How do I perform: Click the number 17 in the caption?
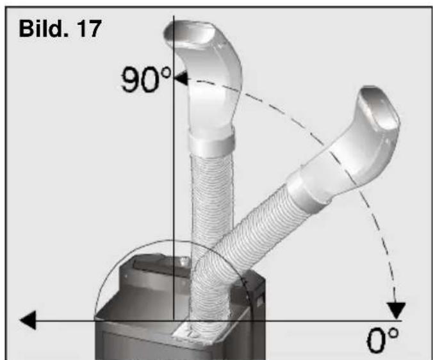(x=89, y=29)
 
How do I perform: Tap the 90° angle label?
(x=146, y=79)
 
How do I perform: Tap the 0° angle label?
(x=382, y=340)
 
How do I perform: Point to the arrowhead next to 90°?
(x=181, y=78)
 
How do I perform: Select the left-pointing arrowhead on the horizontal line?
(x=28, y=320)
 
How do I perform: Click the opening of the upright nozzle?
(x=190, y=33)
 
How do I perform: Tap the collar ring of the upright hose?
(x=212, y=142)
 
